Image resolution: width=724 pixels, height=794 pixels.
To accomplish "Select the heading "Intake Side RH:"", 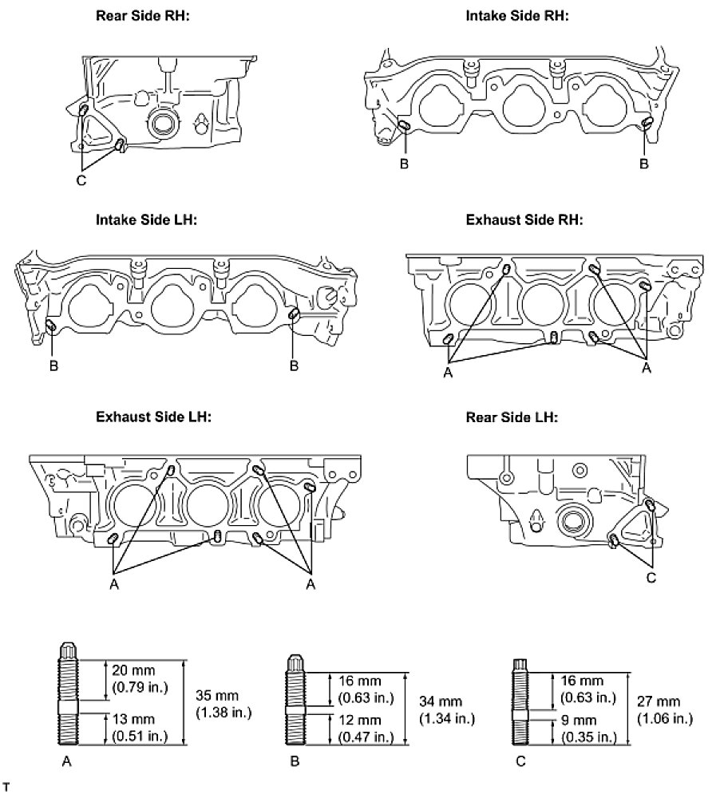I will click(516, 15).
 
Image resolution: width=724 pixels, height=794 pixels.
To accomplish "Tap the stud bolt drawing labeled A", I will click(68, 693).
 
